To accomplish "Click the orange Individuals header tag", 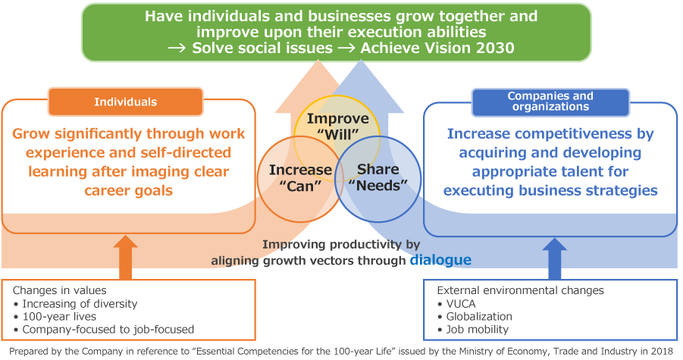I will (125, 102).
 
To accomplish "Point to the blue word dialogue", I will (440, 260).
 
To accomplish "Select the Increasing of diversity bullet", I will (79, 303).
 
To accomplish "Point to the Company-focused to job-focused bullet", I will (107, 329).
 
